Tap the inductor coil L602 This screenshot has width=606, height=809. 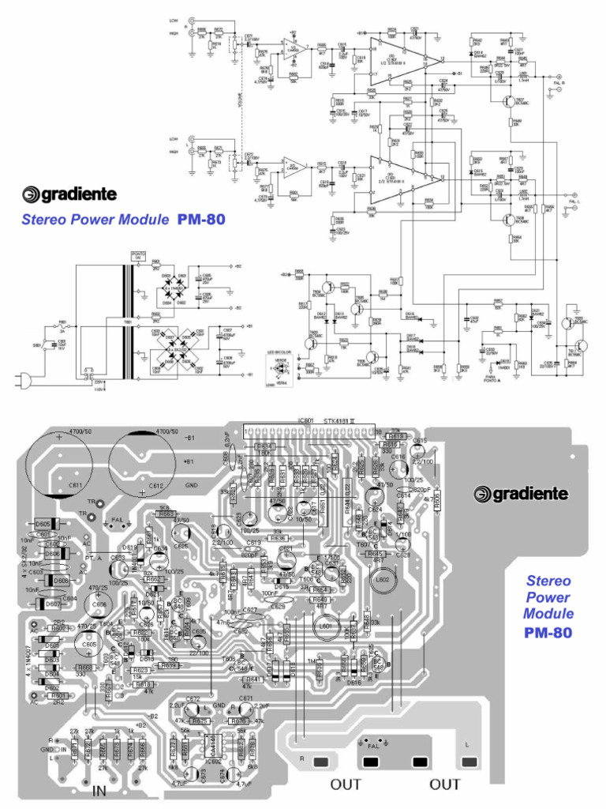[384, 580]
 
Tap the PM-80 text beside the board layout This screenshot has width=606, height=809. [548, 632]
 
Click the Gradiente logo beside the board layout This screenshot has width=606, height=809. [520, 494]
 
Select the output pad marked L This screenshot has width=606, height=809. [470, 761]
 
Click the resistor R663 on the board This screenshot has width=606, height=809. [166, 514]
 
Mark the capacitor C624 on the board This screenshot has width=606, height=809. [374, 498]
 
